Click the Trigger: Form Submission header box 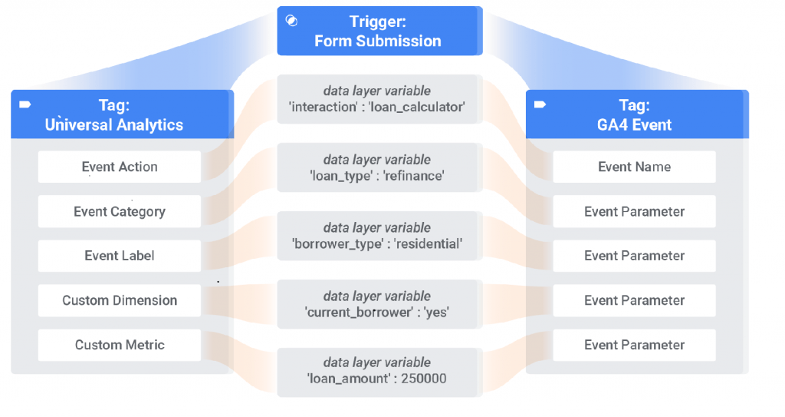pyautogui.click(x=379, y=31)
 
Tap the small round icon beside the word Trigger pyautogui.click(x=291, y=21)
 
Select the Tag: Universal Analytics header pyautogui.click(x=122, y=114)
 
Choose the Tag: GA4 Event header pyautogui.click(x=637, y=114)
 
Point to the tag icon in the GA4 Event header pyautogui.click(x=540, y=104)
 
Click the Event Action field pyautogui.click(x=120, y=167)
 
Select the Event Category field pyautogui.click(x=120, y=211)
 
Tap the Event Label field pyautogui.click(x=120, y=256)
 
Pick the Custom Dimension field pyautogui.click(x=120, y=300)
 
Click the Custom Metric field pyautogui.click(x=120, y=345)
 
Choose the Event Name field pyautogui.click(x=634, y=167)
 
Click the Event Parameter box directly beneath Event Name pyautogui.click(x=634, y=211)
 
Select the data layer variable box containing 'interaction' pyautogui.click(x=377, y=99)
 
